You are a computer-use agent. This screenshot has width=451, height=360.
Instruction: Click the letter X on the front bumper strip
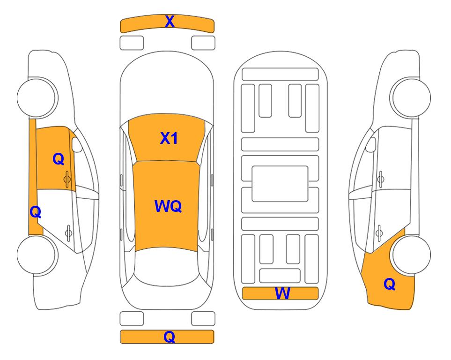click(170, 22)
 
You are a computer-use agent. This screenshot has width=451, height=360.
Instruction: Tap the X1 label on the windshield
click(169, 138)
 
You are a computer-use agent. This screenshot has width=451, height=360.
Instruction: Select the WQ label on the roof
click(168, 206)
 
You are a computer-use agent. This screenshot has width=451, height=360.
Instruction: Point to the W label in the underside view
click(282, 293)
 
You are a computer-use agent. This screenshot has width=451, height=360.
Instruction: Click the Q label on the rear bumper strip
click(170, 337)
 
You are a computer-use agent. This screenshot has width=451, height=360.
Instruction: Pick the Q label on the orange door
click(59, 159)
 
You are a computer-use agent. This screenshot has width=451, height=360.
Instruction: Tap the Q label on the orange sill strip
click(36, 212)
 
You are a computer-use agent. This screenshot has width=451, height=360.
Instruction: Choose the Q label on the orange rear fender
click(390, 284)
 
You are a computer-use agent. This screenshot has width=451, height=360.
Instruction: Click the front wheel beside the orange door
click(37, 97)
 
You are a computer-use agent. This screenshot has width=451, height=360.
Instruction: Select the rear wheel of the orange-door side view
click(37, 255)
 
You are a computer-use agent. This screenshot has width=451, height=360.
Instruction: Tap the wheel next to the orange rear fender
click(411, 255)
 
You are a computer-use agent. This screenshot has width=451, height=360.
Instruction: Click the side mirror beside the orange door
click(77, 144)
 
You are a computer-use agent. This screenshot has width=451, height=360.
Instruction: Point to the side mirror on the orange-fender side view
click(370, 144)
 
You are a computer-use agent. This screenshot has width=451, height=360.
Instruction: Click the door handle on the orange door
click(67, 180)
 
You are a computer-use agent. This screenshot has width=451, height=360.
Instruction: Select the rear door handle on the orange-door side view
click(68, 232)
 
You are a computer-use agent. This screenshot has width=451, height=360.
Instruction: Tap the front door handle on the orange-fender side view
click(381, 180)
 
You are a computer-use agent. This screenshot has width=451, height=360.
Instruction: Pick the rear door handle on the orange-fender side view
click(379, 232)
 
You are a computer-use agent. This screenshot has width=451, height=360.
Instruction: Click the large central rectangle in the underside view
click(280, 184)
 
